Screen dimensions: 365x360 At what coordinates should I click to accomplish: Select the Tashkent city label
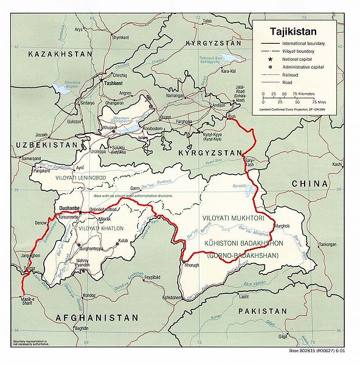click(x=114, y=83)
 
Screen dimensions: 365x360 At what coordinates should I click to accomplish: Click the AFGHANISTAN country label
click(x=98, y=318)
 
